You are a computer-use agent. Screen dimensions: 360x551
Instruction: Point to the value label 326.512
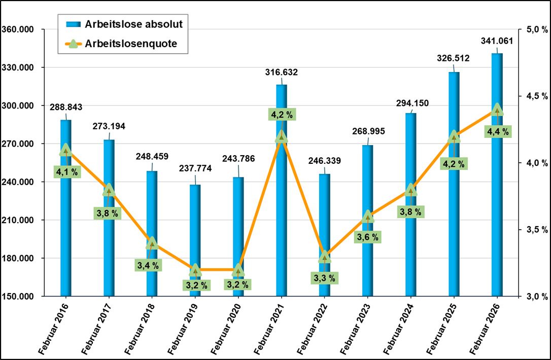click(x=453, y=58)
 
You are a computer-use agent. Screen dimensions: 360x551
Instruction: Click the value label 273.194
click(x=109, y=126)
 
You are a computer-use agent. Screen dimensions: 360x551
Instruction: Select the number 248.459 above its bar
click(x=152, y=156)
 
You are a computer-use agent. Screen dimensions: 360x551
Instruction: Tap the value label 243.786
click(x=238, y=159)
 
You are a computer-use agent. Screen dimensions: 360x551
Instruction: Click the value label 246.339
click(x=324, y=161)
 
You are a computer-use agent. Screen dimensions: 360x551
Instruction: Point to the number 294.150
click(x=412, y=103)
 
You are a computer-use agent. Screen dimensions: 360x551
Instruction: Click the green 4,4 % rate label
click(x=498, y=132)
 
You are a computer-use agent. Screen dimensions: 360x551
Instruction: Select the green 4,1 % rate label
click(x=67, y=172)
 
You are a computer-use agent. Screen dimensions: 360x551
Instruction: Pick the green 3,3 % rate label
click(x=324, y=277)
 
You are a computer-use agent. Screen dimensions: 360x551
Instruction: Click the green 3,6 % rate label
click(x=368, y=237)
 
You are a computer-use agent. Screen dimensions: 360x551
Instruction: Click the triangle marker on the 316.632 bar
click(x=282, y=137)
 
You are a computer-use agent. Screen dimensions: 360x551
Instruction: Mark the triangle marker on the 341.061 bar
click(x=497, y=110)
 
